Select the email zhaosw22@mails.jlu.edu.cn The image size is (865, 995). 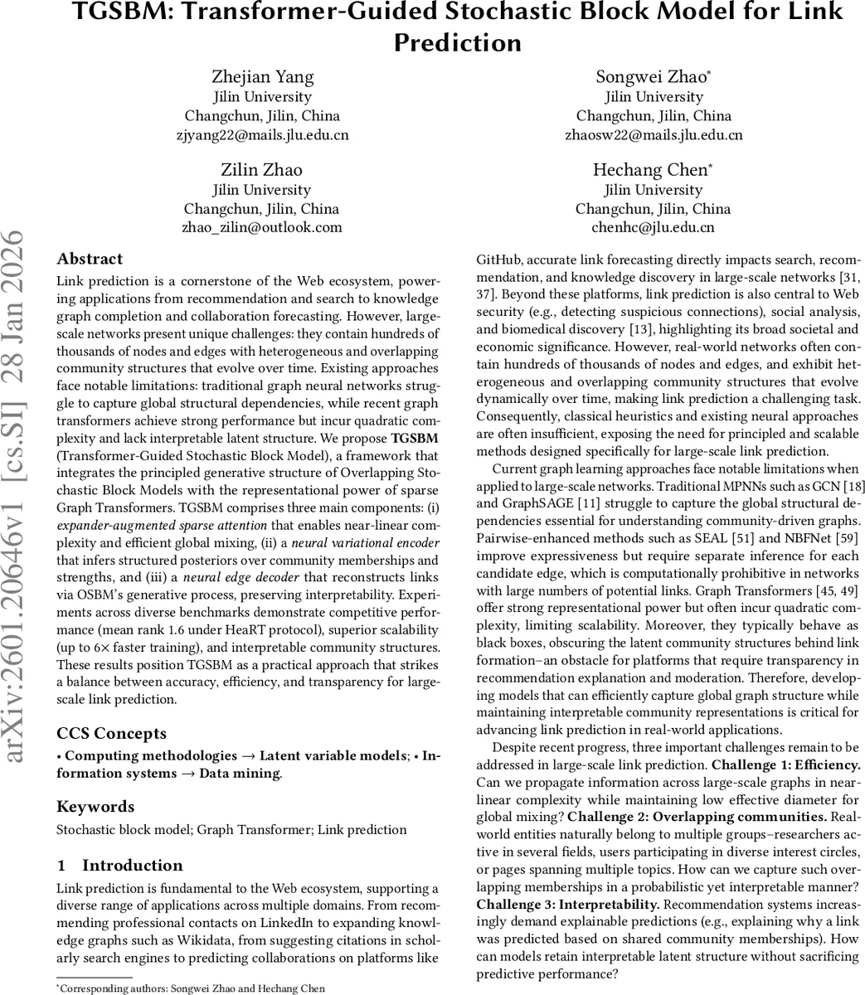(654, 134)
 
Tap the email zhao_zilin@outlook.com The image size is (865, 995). (261, 227)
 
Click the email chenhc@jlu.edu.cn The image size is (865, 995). (654, 227)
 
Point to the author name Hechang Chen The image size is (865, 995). (651, 170)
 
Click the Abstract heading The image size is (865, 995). (90, 259)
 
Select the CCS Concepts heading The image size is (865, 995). (111, 733)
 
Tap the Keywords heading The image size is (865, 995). (95, 806)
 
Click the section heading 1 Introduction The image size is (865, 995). (120, 865)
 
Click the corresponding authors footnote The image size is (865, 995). (190, 988)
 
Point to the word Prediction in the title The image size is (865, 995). (457, 42)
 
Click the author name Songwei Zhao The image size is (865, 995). (651, 77)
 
